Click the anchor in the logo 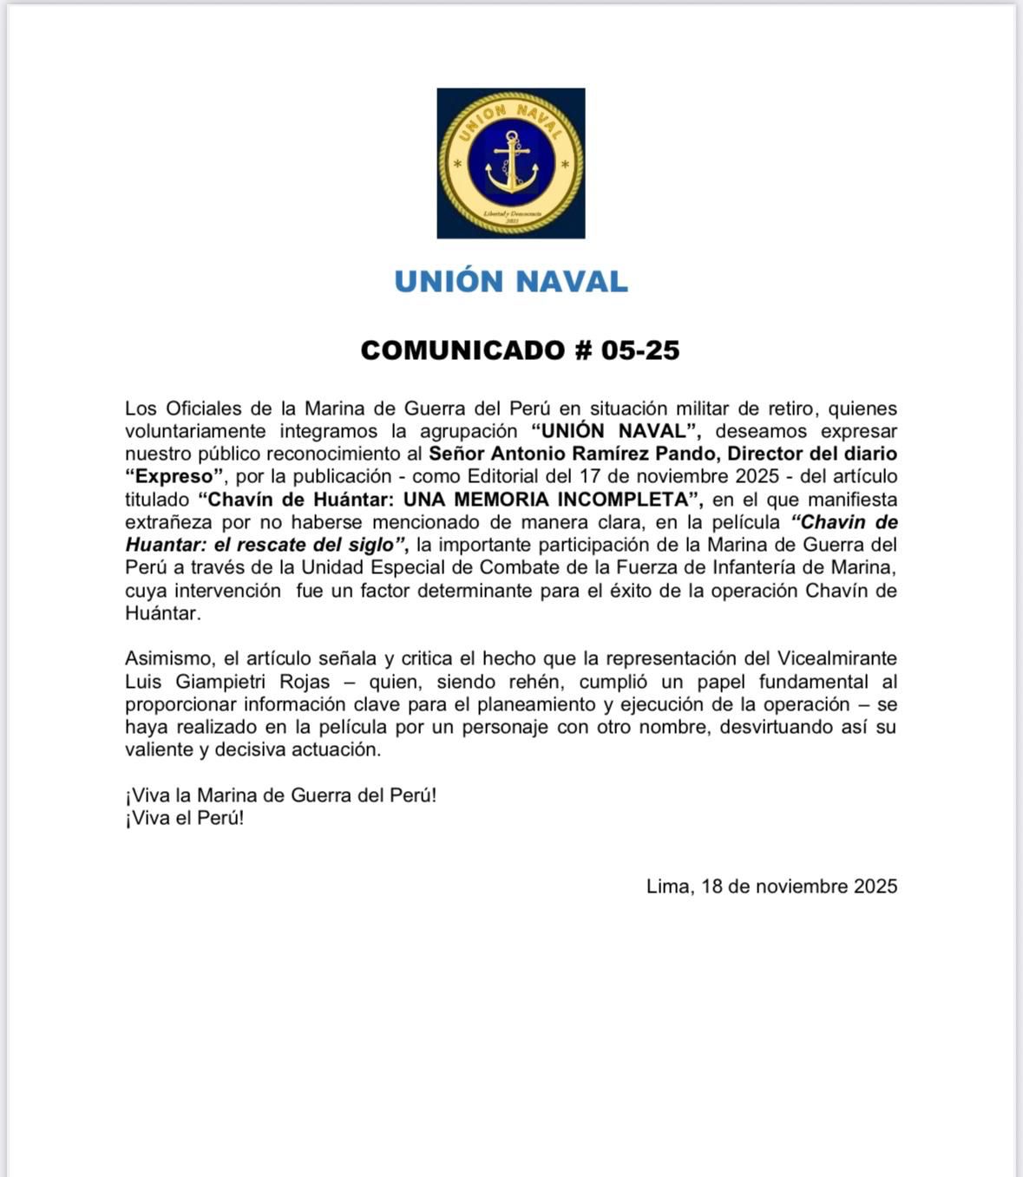[x=511, y=162]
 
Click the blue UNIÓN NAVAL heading [x=511, y=282]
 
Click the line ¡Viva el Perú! [x=184, y=818]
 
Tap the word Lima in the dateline [x=667, y=886]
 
